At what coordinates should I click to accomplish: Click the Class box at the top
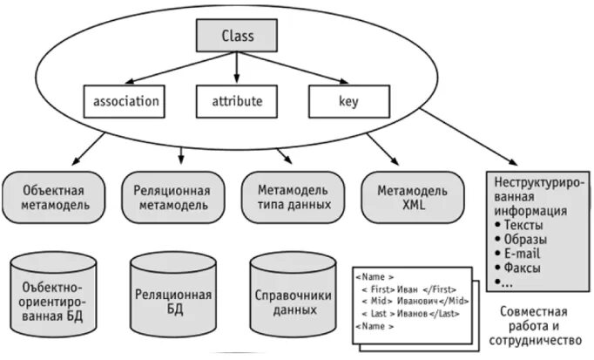point(236,37)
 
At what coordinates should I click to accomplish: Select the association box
point(125,101)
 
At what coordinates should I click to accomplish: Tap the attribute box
point(237,101)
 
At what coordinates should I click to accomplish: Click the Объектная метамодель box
point(55,198)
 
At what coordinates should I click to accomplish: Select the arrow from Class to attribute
point(236,68)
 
